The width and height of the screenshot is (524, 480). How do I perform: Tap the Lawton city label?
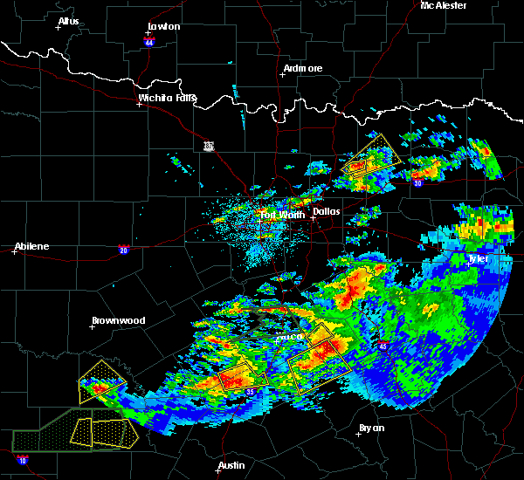[x=164, y=26]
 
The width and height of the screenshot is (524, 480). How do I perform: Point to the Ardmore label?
[x=303, y=68]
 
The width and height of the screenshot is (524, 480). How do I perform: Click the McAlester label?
[x=444, y=5]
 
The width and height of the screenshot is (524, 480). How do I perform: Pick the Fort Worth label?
[x=281, y=215]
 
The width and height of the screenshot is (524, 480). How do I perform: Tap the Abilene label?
[x=31, y=246]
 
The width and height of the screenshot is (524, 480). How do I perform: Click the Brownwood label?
[x=118, y=320]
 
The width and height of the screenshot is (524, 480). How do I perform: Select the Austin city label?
[x=231, y=465]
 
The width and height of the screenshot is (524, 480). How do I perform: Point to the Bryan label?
[x=371, y=428]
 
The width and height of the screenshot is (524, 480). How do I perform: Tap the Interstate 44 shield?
[x=149, y=42]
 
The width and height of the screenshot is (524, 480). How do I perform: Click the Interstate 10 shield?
[x=21, y=460]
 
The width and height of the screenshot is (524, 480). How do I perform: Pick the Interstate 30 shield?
[x=417, y=182]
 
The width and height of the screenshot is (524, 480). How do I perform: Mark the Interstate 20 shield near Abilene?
[x=123, y=249]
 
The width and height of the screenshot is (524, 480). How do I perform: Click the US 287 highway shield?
[x=209, y=145]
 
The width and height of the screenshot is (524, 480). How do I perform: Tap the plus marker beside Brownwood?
[x=93, y=327]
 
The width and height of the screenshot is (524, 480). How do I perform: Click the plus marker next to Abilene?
[x=16, y=252]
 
